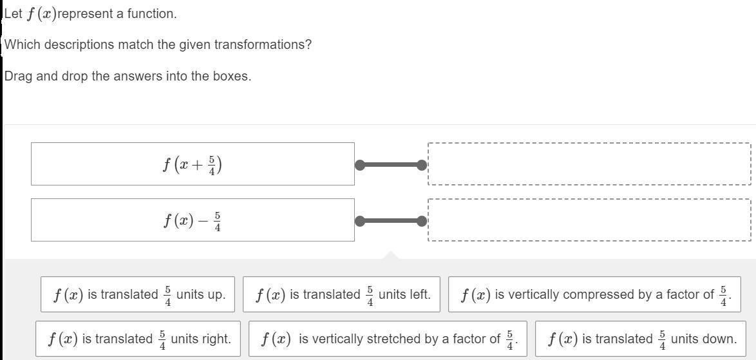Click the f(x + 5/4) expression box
point(193,164)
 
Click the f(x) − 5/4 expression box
point(193,220)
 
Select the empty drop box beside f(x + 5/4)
point(589,164)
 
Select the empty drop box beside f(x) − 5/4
point(589,220)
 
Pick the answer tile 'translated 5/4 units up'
point(138,294)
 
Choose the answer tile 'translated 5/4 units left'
point(341,294)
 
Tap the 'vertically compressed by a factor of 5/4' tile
point(594,294)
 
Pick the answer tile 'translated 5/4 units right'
point(138,339)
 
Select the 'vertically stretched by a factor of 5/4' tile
point(387,339)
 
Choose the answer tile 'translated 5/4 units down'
point(641,339)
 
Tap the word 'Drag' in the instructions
point(18,76)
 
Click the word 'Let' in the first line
point(13,14)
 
